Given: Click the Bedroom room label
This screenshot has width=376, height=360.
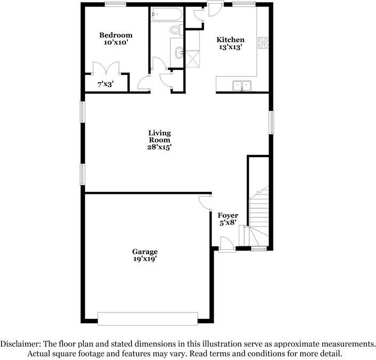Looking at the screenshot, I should [x=115, y=35].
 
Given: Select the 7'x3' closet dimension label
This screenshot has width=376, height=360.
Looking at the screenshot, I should [x=105, y=84].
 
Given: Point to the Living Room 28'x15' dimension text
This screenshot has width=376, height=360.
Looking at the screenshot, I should [x=159, y=146].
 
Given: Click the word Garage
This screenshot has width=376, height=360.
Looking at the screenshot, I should [x=145, y=252].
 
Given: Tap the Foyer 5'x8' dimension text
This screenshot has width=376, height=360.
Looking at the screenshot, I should [x=228, y=224].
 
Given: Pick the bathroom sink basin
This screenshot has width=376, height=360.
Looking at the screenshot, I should [x=177, y=52].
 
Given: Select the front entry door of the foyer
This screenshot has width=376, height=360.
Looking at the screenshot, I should [x=226, y=244].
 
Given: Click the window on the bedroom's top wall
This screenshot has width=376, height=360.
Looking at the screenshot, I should [x=115, y=4].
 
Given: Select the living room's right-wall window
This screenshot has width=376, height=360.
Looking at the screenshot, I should [x=271, y=123].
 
